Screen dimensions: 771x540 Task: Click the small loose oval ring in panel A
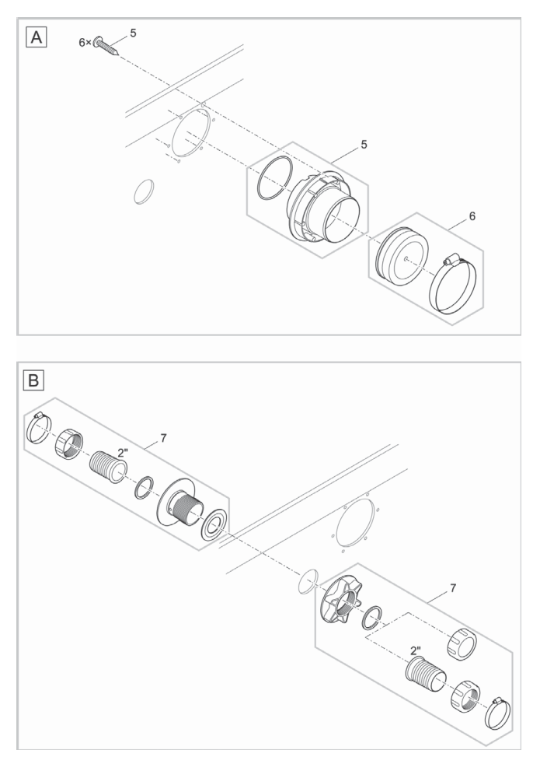(x=144, y=191)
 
